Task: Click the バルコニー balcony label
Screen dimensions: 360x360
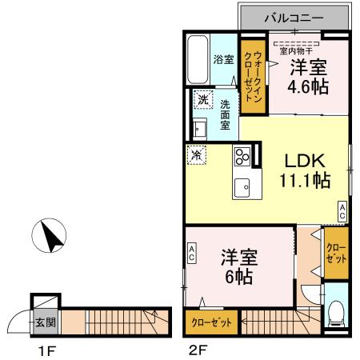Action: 294,17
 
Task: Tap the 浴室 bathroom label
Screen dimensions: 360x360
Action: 222,59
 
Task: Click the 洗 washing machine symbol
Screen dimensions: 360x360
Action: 203,101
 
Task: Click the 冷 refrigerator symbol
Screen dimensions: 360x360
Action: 195,153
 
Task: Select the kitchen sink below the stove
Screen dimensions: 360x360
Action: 242,187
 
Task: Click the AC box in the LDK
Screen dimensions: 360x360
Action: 342,212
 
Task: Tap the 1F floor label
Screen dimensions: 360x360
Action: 44,350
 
